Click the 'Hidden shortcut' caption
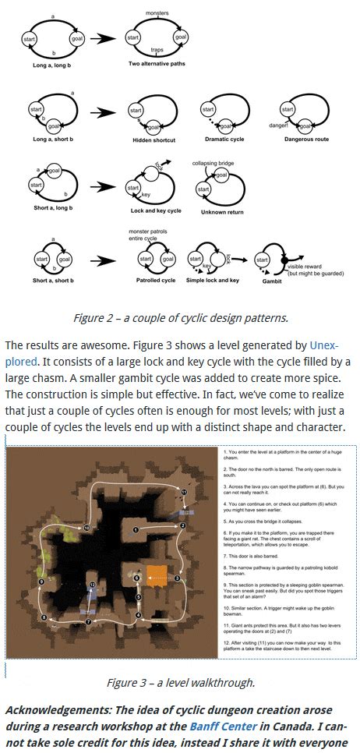[x=154, y=140]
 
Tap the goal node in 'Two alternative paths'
[x=181, y=37]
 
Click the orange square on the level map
[x=157, y=578]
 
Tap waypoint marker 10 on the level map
[x=86, y=529]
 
